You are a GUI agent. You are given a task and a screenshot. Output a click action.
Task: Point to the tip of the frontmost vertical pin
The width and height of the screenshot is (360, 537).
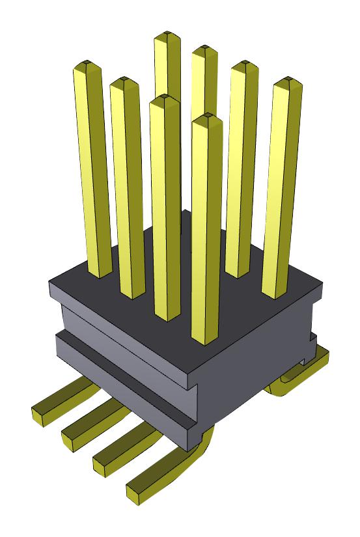click(x=207, y=118)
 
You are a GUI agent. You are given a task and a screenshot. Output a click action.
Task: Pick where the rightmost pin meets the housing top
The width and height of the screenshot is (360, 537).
click(x=273, y=295)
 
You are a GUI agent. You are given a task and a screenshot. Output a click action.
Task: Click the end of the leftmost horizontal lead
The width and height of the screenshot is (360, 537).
click(x=40, y=414)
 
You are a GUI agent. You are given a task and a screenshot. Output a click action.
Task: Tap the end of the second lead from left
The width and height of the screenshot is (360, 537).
click(x=70, y=434)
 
